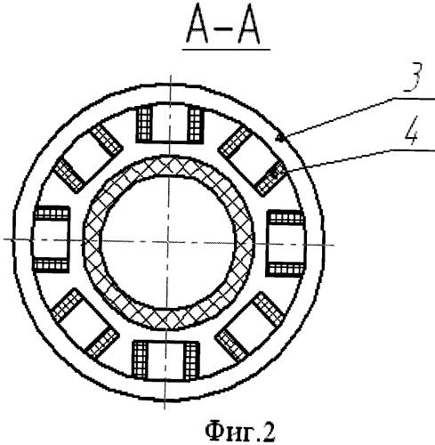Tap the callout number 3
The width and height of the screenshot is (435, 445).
[x=412, y=78]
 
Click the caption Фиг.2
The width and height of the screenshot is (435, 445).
[x=239, y=432]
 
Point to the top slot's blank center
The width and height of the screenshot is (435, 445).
[x=170, y=122]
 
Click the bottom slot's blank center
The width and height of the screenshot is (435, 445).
[x=166, y=360]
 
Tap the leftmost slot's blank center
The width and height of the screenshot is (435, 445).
[x=51, y=239]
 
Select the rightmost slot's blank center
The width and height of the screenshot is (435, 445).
[x=286, y=243]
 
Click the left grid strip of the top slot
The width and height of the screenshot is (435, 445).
[x=144, y=125]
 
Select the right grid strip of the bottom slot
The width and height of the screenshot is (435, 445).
[x=192, y=360]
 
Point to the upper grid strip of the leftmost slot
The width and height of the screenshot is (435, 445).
[x=52, y=214]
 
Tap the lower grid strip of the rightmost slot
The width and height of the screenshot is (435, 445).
[x=286, y=270]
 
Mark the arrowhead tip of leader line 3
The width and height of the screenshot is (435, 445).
[x=277, y=138]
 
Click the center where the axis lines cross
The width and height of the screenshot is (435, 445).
[x=167, y=241]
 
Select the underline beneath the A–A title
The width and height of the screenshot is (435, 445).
[x=226, y=49]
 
